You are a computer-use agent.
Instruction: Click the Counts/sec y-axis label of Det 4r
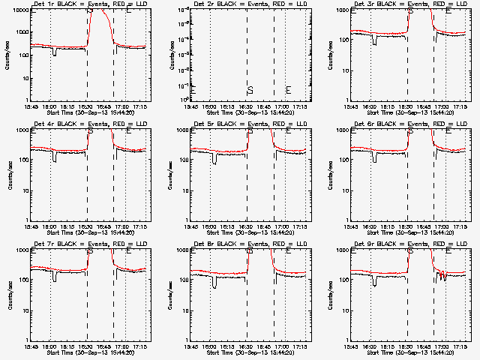point(8,174)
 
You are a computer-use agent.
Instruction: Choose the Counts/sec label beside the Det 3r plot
point(329,54)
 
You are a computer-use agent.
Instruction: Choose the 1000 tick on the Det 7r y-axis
point(22,250)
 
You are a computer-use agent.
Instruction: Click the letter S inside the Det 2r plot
point(250,91)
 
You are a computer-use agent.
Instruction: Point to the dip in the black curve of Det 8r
point(214,284)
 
